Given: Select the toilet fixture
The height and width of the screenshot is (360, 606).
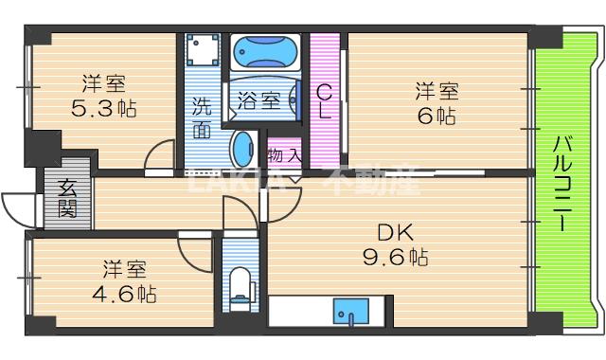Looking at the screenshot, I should [241, 283].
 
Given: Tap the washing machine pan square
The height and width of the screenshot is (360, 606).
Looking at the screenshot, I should [202, 50].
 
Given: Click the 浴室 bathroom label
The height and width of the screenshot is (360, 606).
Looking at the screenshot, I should [258, 98].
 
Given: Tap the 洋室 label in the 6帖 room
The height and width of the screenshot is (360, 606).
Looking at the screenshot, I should [436, 92].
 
